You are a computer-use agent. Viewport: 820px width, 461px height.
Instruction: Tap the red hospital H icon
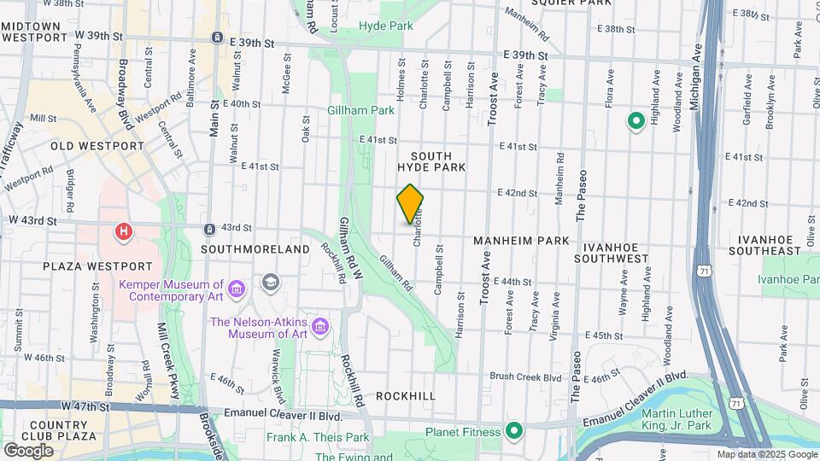(125, 230)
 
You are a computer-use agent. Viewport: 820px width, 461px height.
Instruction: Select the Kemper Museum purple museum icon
(237, 290)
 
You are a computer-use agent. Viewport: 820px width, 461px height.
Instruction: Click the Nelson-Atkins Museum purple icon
(320, 327)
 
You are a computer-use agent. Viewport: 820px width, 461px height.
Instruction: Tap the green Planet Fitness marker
(513, 431)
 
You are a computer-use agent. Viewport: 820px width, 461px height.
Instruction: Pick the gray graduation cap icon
(271, 282)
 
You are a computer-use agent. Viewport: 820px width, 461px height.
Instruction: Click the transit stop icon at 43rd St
(209, 229)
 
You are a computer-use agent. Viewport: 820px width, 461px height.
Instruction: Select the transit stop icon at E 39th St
(218, 38)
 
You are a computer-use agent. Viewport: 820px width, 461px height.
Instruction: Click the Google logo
(28, 450)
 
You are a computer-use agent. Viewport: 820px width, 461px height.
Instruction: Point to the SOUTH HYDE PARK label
(438, 161)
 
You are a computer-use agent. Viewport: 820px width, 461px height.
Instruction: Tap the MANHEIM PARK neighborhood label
(521, 242)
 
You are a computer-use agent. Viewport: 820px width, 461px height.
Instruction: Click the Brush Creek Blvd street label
(525, 376)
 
